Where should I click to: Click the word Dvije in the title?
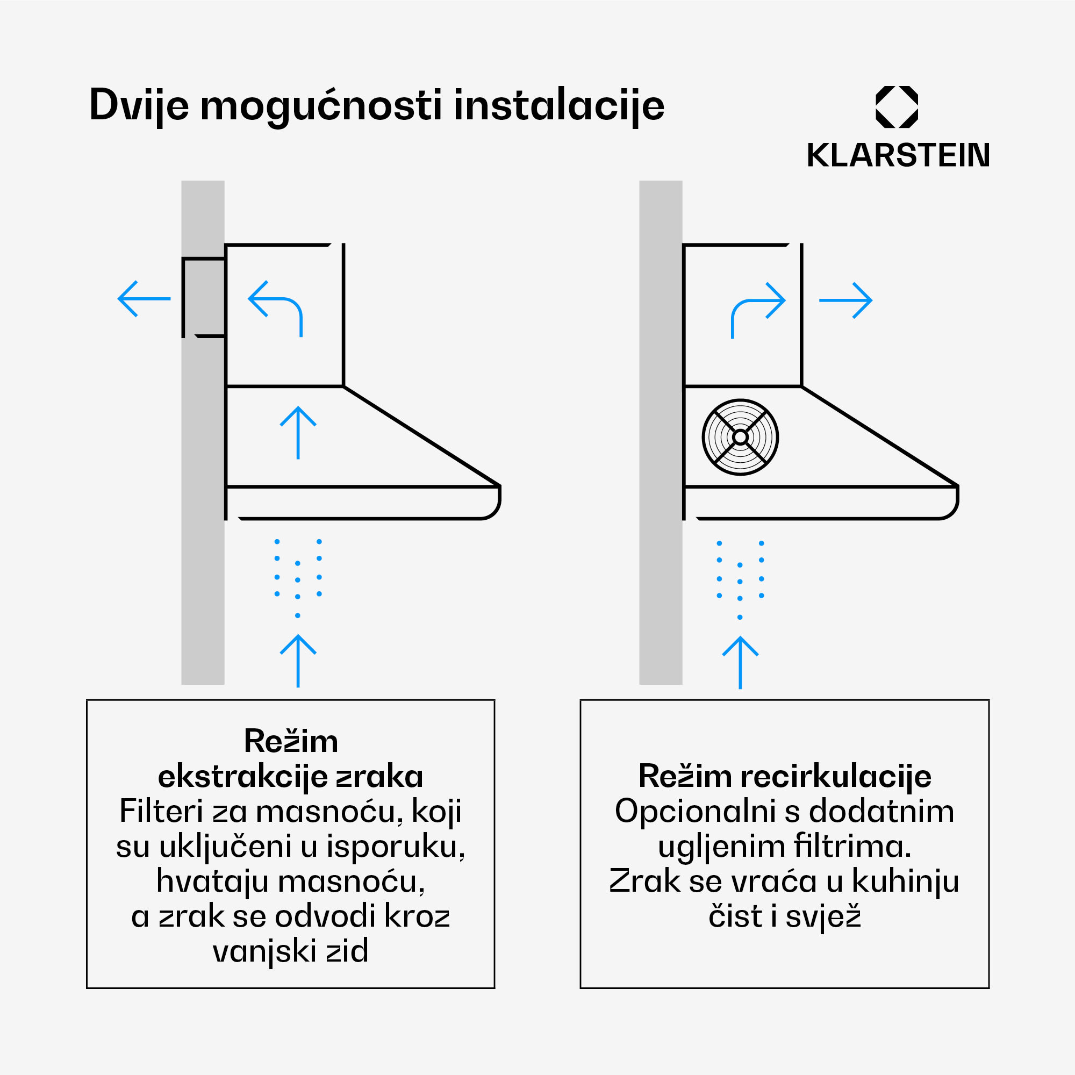coord(139,105)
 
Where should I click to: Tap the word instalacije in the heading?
coord(558,105)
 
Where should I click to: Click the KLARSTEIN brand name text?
coord(898,155)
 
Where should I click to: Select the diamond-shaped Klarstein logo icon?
coord(897,107)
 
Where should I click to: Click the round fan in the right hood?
coord(740,437)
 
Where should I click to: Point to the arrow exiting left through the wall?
coord(144,299)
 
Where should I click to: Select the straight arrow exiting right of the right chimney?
coord(845,300)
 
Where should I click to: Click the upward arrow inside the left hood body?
coord(298,432)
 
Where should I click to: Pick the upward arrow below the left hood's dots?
coord(298,661)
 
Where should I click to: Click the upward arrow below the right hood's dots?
coord(740,662)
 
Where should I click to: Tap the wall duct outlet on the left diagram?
coord(204,298)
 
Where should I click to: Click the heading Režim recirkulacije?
coord(785,776)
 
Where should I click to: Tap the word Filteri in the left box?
coord(161,811)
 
